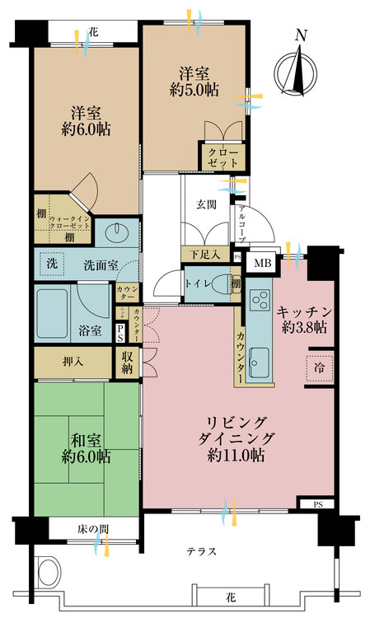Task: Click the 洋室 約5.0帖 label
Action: pyautogui.click(x=194, y=81)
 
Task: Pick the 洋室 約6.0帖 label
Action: pyautogui.click(x=85, y=121)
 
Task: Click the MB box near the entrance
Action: pyautogui.click(x=261, y=264)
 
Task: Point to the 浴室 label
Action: pyautogui.click(x=91, y=331)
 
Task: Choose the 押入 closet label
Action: pyautogui.click(x=73, y=360)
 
